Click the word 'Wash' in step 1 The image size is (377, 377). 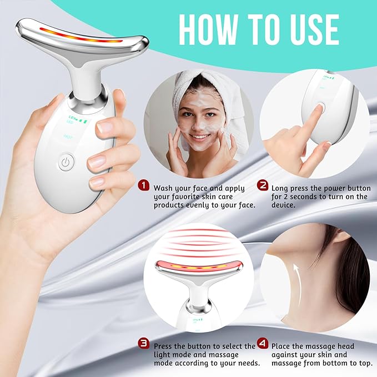[x=165, y=188]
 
